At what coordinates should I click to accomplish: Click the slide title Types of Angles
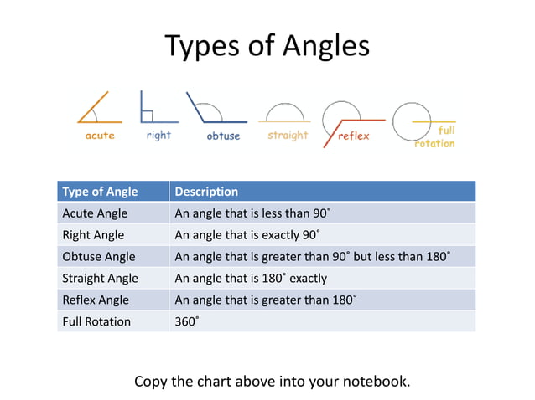tap(267, 46)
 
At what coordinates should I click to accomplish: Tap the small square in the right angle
tap(147, 115)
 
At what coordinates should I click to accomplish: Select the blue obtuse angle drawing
tap(215, 110)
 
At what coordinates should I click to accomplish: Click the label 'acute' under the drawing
tap(100, 136)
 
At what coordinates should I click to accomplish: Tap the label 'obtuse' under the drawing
tap(223, 136)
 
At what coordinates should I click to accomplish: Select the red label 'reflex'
tap(354, 136)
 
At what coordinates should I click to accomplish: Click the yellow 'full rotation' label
tap(436, 137)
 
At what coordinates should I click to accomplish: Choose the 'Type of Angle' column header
tap(100, 192)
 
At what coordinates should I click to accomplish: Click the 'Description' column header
tap(206, 192)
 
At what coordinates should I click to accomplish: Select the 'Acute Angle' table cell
tap(95, 213)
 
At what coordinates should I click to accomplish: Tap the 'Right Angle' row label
tap(93, 235)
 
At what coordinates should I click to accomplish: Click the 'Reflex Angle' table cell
tap(96, 300)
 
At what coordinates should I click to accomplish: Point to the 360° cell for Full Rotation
tap(186, 321)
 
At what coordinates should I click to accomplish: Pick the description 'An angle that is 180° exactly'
tap(250, 278)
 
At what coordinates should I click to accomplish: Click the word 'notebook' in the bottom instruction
tap(378, 382)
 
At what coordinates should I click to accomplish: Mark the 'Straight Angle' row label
tap(100, 278)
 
